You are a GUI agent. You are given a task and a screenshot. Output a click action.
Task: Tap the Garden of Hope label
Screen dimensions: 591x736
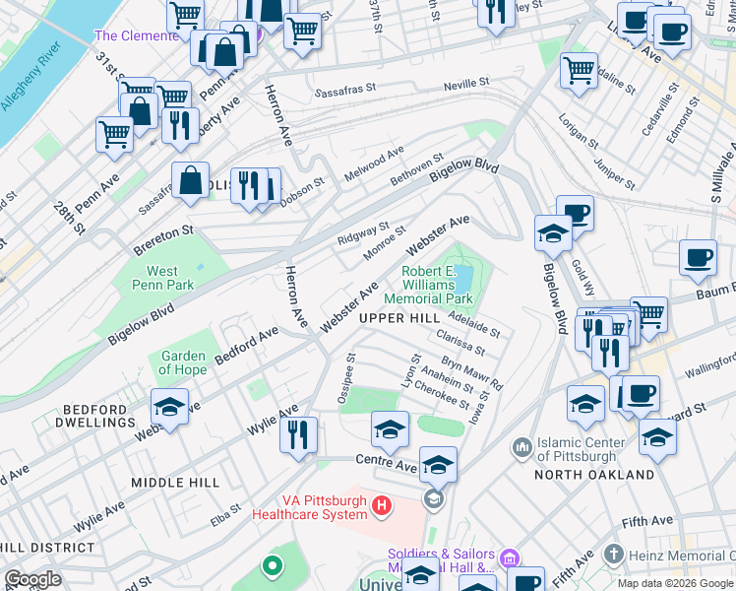tap(183, 362)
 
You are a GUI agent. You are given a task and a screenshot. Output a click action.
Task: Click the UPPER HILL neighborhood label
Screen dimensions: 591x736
tap(399, 318)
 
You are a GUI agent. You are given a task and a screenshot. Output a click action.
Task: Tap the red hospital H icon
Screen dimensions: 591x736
tap(382, 506)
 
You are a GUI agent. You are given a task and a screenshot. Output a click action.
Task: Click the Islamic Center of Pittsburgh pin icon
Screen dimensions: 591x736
tap(521, 448)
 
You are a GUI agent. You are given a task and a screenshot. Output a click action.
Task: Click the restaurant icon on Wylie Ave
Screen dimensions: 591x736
tap(298, 434)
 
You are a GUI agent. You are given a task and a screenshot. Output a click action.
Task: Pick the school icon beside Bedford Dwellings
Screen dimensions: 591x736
tap(169, 409)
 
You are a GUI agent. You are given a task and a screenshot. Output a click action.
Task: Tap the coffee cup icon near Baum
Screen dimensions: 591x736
tap(698, 258)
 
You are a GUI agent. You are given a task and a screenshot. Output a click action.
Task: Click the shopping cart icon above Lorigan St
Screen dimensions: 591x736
tap(579, 70)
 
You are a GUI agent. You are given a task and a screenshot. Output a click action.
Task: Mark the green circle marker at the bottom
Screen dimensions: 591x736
tap(271, 566)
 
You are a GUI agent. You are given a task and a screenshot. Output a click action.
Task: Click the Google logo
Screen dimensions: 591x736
tap(33, 579)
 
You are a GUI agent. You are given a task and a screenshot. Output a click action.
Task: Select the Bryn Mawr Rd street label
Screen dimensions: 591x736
tap(471, 371)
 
